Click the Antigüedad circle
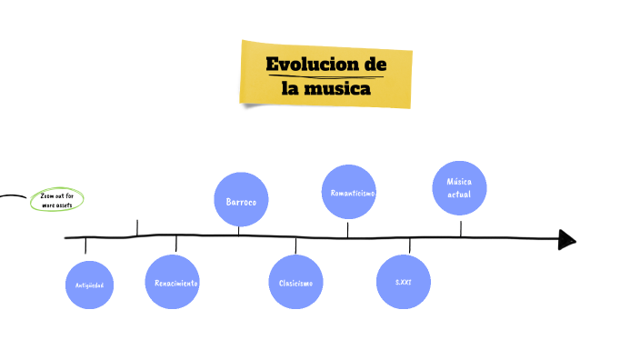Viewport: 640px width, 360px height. (90, 285)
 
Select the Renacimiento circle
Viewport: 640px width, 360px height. (172, 282)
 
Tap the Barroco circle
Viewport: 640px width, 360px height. (241, 200)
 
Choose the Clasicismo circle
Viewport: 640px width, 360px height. (295, 282)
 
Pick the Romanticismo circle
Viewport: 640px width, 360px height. (349, 192)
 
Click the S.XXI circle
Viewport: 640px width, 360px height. (404, 282)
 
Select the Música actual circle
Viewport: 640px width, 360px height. (459, 188)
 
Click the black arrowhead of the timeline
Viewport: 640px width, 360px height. (567, 239)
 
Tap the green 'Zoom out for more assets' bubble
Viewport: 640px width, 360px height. (56, 200)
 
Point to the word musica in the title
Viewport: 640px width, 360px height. (338, 89)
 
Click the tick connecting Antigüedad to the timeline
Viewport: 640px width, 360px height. (85, 246)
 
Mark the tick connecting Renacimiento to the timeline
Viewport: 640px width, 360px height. (176, 244)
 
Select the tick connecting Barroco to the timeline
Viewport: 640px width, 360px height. (238, 230)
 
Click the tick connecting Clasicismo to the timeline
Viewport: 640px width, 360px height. (295, 245)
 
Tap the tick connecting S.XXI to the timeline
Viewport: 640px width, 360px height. (409, 245)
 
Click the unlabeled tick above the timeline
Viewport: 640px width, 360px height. (137, 227)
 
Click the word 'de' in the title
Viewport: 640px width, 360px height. (375, 65)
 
